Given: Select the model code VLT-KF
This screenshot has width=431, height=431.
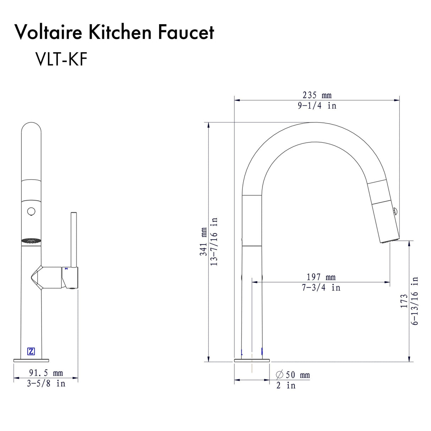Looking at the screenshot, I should point(61,59).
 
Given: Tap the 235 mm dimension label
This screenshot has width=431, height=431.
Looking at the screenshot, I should point(317,95).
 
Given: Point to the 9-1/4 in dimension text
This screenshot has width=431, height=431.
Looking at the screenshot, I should point(317,105).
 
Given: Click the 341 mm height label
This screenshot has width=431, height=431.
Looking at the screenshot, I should point(203,242).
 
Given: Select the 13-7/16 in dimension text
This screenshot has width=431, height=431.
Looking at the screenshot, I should point(214,242).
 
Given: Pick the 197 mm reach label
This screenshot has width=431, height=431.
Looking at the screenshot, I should point(321,277).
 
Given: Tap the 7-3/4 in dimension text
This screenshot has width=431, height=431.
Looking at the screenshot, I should point(321,287).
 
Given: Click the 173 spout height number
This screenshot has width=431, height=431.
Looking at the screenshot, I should point(404,301).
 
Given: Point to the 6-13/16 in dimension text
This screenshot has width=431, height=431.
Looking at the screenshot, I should point(415,301).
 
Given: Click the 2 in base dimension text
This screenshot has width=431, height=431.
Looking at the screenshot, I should point(286,385).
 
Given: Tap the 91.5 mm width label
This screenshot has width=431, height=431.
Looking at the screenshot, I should point(46,373).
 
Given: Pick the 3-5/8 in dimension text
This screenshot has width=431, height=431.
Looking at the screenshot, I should point(46,383).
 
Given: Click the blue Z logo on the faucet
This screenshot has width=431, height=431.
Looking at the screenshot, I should point(31,351).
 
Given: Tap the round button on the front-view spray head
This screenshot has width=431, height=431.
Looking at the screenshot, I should point(31,212).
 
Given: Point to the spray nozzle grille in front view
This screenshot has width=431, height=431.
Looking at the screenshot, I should point(31,241).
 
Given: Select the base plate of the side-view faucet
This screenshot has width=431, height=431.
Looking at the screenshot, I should point(252,360).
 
